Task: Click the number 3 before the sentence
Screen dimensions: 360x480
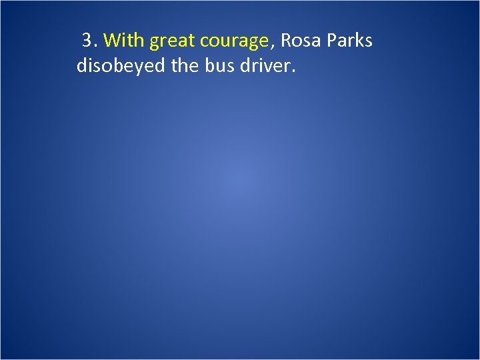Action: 87,41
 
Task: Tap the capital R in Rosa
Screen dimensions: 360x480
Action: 286,41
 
